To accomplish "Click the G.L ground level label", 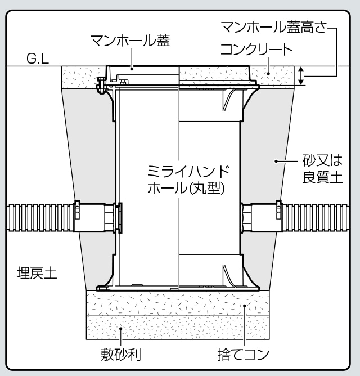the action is [x=38, y=59].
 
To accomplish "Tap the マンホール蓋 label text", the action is [x=130, y=41].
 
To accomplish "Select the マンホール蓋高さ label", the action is [x=274, y=26].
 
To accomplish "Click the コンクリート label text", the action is [x=256, y=50].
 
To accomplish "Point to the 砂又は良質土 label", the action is [x=323, y=169].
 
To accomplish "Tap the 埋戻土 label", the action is [x=37, y=273].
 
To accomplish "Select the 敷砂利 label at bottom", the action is [x=120, y=354].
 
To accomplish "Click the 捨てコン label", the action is [x=243, y=355].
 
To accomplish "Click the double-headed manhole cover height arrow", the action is [x=301, y=76].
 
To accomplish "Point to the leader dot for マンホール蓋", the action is [x=132, y=69].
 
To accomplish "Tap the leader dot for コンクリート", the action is [x=268, y=74].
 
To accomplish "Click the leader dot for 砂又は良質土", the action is [x=276, y=161].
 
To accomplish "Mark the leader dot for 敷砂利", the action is [x=121, y=329].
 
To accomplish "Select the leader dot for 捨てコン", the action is [x=245, y=306].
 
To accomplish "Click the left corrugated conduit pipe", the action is [x=40, y=217].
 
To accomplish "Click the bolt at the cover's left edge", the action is [x=101, y=86].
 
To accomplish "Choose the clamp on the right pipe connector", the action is [x=279, y=209].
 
